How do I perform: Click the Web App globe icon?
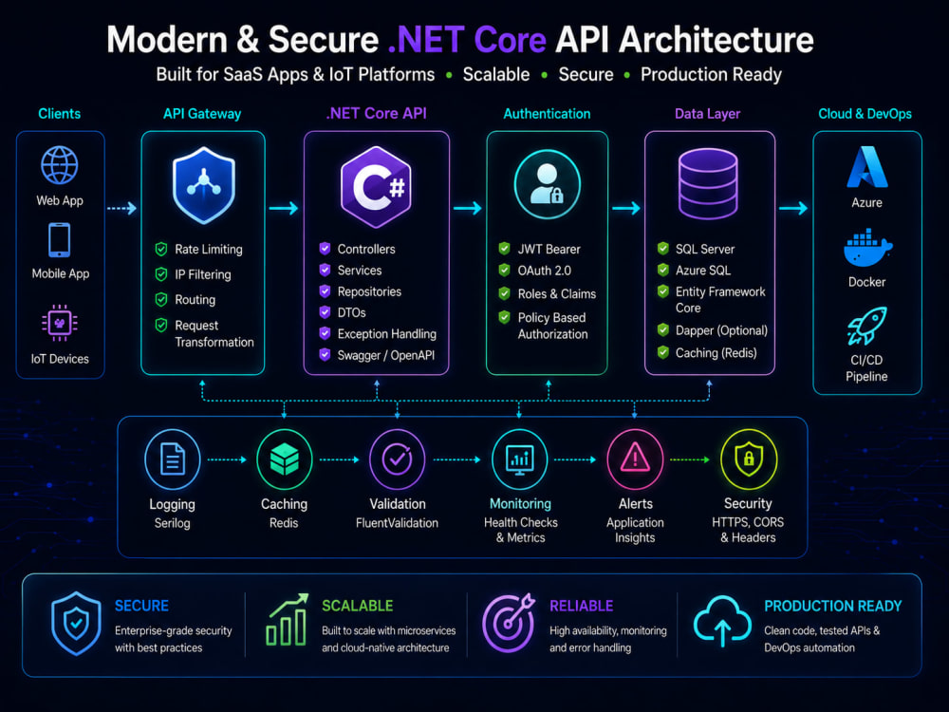[59, 164]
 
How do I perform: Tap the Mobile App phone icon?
[59, 240]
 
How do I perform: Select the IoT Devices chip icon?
[59, 323]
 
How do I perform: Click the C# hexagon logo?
[376, 187]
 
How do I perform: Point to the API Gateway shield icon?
[203, 185]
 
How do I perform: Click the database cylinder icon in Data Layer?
[708, 183]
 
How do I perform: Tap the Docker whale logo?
[867, 247]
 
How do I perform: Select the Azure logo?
[866, 167]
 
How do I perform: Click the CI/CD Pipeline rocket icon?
[866, 326]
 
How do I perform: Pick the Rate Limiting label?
[208, 250]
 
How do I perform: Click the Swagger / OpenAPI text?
[385, 355]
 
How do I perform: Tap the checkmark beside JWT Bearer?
[504, 248]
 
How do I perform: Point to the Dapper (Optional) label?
[721, 330]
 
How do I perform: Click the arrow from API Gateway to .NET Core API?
[283, 208]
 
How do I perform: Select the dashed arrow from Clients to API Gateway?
[121, 208]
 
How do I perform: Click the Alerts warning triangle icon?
[635, 458]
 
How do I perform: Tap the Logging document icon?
[173, 459]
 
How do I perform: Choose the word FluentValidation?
[397, 523]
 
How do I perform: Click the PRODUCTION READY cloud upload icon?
[722, 621]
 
